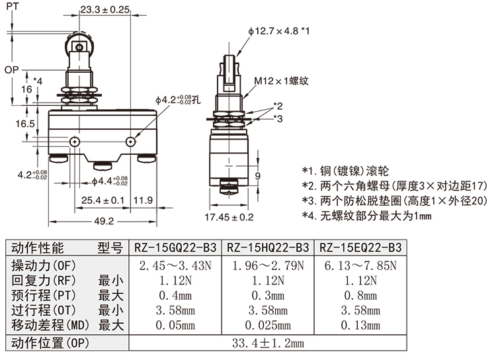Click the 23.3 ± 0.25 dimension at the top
coord(104,9)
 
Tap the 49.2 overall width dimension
coord(104,220)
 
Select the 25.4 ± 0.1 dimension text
coord(103,201)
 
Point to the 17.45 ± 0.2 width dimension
coord(229,217)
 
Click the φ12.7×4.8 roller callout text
coord(278,31)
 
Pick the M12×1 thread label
coord(281,81)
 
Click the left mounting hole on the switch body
coord(75,142)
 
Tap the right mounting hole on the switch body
coord(131,142)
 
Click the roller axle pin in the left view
coord(79,48)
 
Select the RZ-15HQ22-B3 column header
coord(268,247)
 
